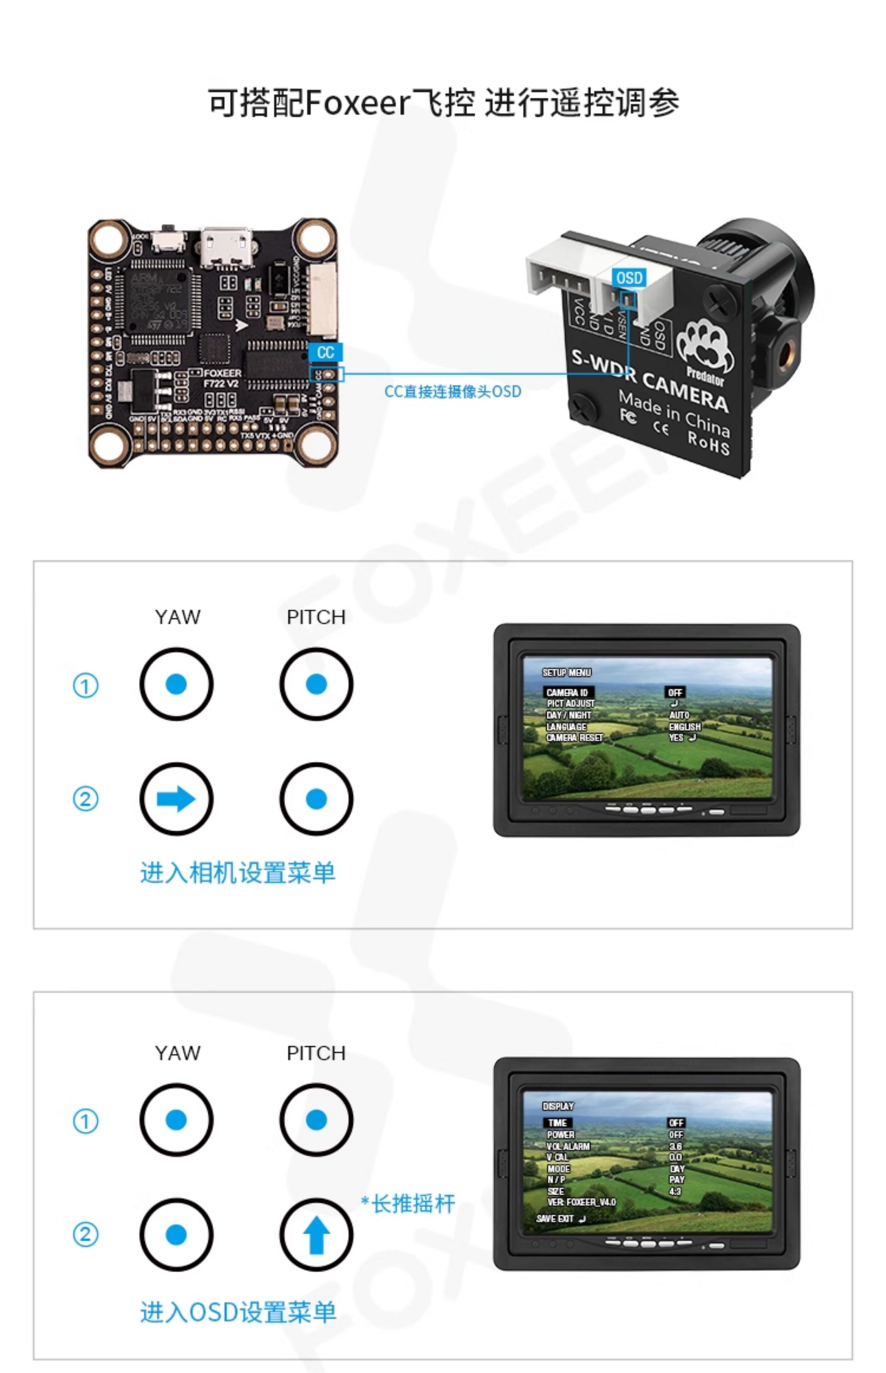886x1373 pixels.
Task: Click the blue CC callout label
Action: coord(325,352)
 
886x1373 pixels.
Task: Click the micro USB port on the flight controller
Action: coord(226,247)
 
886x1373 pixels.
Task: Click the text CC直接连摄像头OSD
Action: coord(452,392)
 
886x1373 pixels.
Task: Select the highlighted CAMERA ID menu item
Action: coord(567,692)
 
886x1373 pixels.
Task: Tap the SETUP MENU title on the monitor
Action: coord(567,673)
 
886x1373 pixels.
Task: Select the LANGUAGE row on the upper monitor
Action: coord(566,727)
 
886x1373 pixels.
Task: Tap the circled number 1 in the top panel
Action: coord(86,685)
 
